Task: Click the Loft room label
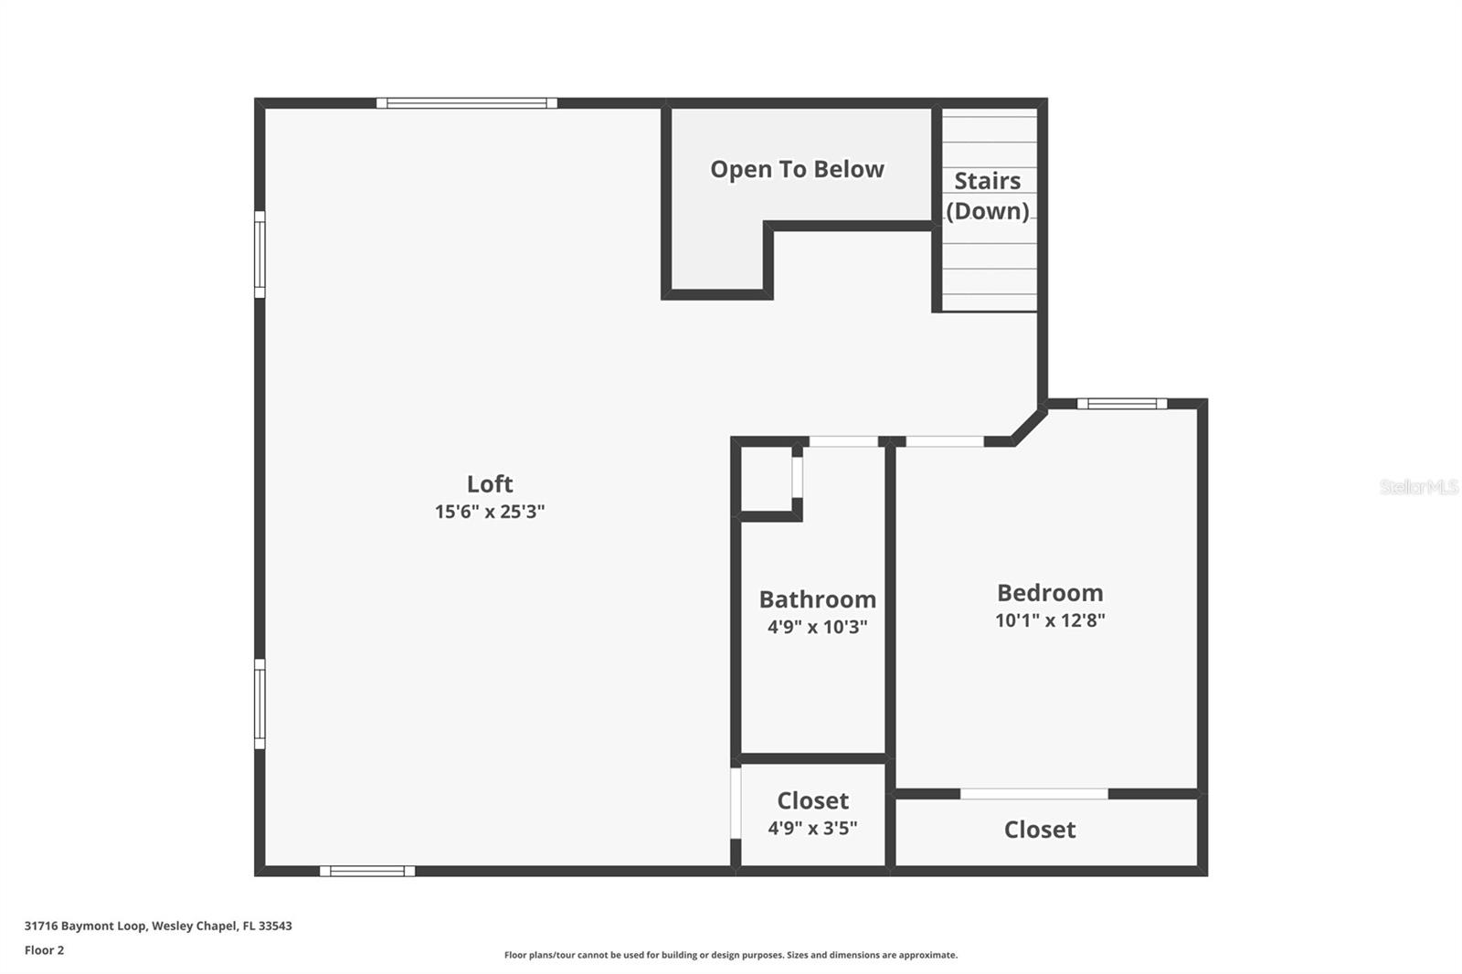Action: pos(490,483)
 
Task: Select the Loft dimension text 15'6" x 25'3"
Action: pos(490,511)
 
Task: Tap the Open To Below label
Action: pos(797,169)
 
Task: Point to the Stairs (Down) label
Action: pos(988,196)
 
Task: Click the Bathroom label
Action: pos(817,599)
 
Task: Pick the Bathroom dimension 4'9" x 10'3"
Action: pos(817,627)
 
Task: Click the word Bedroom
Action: pos(1050,593)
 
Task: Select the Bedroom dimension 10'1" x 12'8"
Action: pos(1050,620)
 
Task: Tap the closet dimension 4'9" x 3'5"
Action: pos(812,828)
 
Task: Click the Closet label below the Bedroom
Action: pos(1040,830)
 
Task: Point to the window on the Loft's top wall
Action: pos(467,103)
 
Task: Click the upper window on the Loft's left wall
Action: pos(260,254)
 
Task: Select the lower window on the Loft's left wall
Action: pos(260,704)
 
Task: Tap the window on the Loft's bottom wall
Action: pos(367,871)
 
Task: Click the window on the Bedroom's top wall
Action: pos(1122,404)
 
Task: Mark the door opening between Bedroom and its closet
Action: pos(1034,794)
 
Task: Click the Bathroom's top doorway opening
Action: pos(844,441)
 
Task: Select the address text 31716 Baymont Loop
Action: pos(85,926)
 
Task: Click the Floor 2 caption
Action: pos(45,950)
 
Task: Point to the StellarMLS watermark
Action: pos(1419,486)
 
